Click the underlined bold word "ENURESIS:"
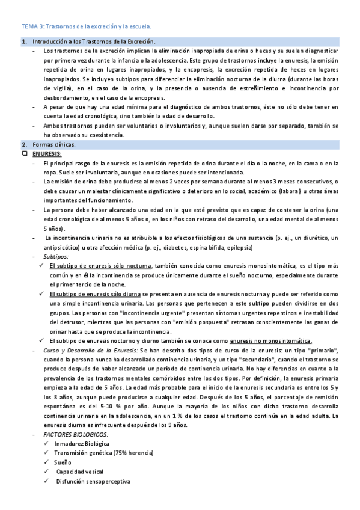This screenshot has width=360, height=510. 47,154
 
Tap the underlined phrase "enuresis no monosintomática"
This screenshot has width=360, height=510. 266,340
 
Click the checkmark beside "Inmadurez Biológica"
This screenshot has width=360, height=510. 47,443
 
